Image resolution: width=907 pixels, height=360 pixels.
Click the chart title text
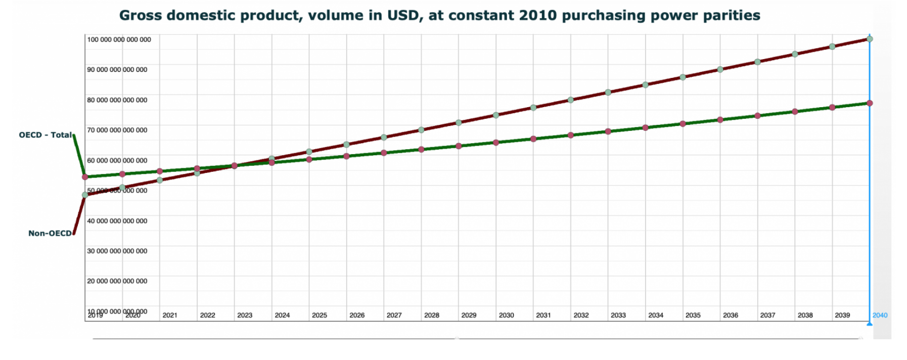click(439, 16)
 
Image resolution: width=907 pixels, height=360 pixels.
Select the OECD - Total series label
click(45, 135)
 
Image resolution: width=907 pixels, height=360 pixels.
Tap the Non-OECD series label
click(50, 233)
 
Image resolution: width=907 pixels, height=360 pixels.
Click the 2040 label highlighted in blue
click(880, 315)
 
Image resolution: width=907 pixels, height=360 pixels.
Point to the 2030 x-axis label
click(506, 315)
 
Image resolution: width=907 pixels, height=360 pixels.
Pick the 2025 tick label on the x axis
click(319, 315)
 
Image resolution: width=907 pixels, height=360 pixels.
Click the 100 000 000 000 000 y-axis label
click(119, 39)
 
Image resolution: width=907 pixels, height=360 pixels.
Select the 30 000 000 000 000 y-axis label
click(117, 251)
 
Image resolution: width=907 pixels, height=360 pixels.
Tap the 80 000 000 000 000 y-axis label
click(117, 100)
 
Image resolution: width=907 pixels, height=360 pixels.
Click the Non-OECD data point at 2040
click(870, 39)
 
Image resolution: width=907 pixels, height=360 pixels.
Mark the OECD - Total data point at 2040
click(870, 103)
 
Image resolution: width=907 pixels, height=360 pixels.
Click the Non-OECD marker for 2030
click(496, 115)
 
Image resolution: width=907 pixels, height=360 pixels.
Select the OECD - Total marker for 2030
click(496, 143)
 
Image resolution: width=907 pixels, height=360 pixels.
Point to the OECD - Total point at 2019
click(85, 177)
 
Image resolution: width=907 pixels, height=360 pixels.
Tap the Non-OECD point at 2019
click(85, 195)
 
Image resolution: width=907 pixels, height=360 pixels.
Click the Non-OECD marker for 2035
click(683, 77)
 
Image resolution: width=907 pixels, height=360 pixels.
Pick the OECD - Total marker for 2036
click(720, 120)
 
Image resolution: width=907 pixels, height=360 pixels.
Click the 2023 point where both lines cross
click(235, 166)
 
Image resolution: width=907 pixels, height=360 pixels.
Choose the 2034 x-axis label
click(656, 315)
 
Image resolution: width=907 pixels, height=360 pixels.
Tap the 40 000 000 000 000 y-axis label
click(117, 221)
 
